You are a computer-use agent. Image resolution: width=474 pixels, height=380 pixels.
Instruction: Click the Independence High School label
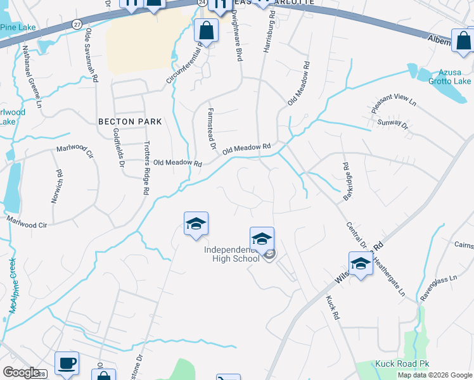click(232, 253)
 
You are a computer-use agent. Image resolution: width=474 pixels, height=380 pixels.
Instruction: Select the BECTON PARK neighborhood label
click(130, 121)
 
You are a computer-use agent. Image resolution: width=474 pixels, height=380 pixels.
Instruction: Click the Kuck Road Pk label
click(402, 364)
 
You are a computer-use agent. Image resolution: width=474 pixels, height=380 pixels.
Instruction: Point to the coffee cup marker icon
click(67, 364)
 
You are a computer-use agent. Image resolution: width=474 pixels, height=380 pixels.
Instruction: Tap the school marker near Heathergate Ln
click(360, 263)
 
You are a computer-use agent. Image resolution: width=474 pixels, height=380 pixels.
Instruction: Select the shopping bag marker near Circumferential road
click(206, 30)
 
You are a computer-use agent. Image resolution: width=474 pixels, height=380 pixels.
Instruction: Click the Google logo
click(21, 372)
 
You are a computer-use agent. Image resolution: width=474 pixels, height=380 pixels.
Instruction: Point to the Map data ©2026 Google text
click(434, 375)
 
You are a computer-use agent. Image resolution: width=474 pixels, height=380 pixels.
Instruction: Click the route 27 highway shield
click(77, 23)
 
